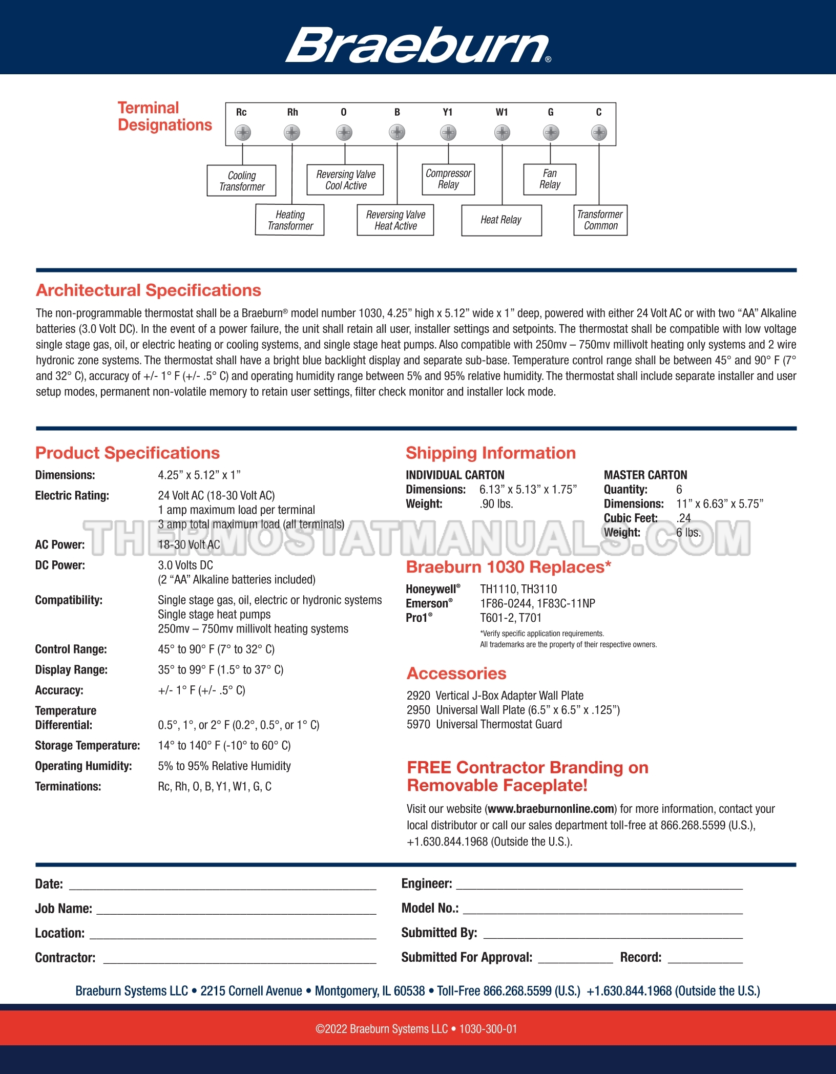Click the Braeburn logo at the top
(417, 45)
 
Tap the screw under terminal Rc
(242, 133)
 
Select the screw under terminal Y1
(448, 133)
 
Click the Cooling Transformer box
(241, 180)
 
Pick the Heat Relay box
(501, 220)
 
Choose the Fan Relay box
(550, 179)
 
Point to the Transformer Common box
(600, 220)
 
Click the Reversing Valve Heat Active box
(395, 220)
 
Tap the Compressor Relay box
(448, 179)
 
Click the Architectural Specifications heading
(149, 290)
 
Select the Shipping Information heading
(490, 453)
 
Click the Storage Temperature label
(87, 745)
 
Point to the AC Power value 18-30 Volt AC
(189, 544)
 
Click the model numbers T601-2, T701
(510, 618)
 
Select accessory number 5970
(418, 724)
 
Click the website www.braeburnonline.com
(551, 809)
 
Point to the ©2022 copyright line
(416, 1029)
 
